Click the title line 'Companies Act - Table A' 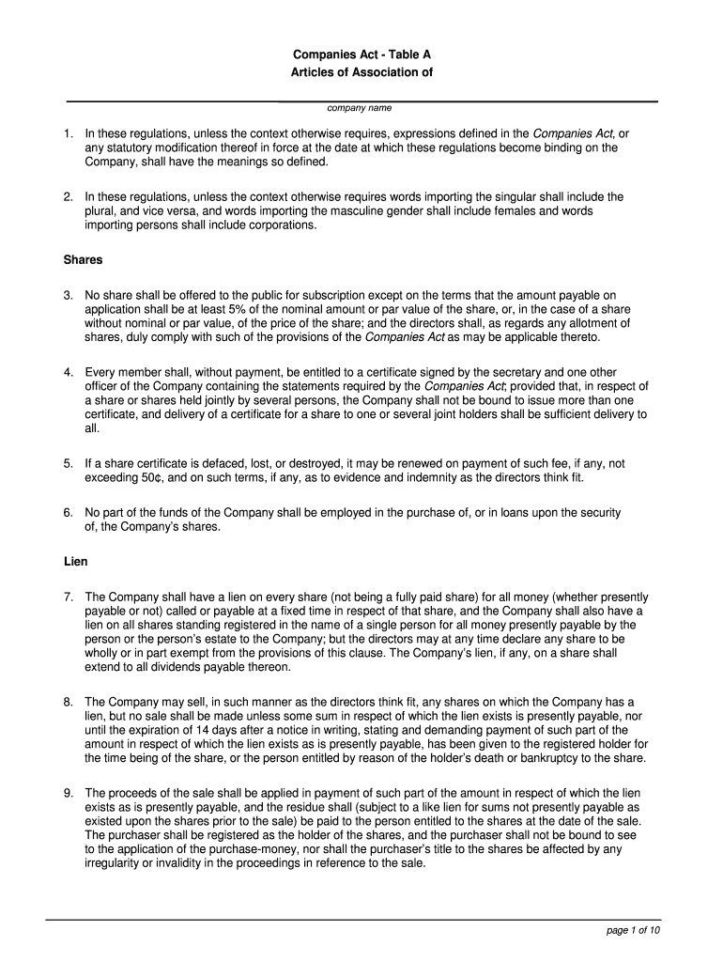tap(361, 54)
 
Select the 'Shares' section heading tap(83, 259)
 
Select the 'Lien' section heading tap(75, 562)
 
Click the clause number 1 tap(69, 133)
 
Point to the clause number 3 tap(69, 295)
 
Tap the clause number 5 tap(69, 463)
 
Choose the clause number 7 tap(69, 597)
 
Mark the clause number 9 tap(69, 793)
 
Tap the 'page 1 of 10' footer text tap(634, 930)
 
